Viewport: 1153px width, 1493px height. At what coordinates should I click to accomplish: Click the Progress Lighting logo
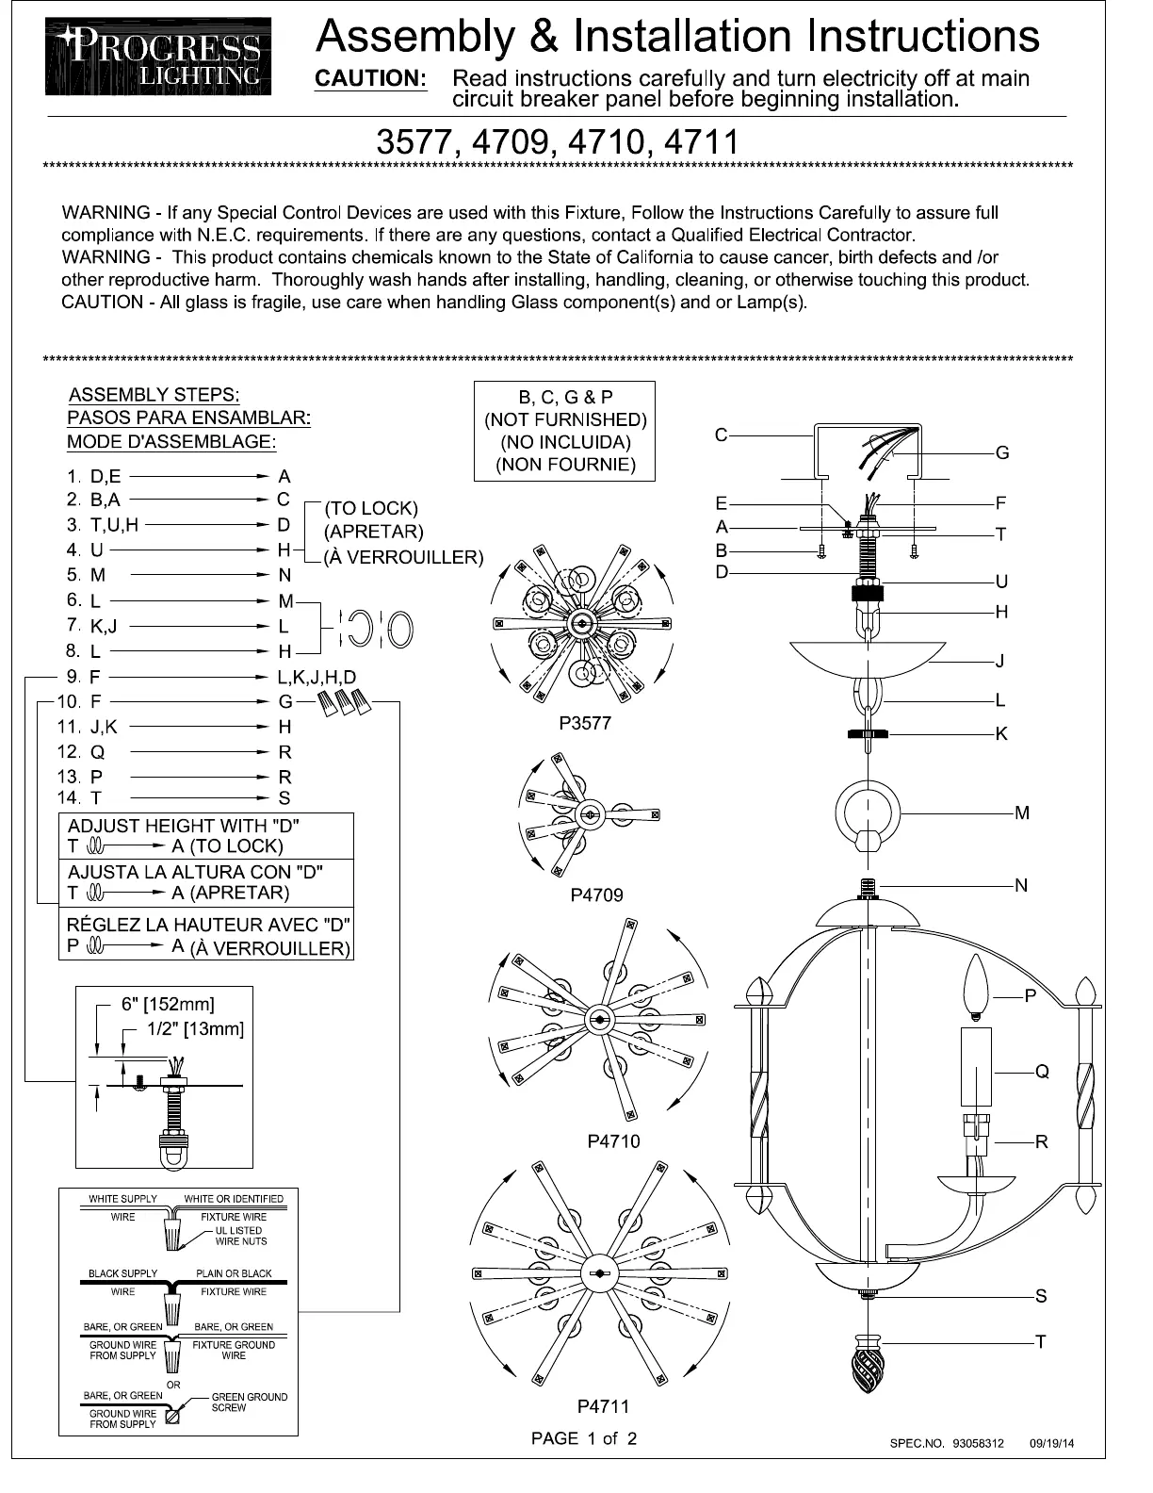tap(158, 57)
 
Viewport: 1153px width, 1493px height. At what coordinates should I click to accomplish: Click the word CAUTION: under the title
tap(370, 78)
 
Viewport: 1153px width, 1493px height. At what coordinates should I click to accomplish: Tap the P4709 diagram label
tap(596, 894)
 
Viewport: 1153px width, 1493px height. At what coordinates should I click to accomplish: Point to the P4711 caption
tap(603, 1406)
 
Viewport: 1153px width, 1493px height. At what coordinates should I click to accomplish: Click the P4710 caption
tap(613, 1141)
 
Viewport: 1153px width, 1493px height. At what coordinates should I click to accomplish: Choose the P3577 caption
tap(585, 723)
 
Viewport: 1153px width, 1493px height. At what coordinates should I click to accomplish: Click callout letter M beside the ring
tap(1022, 812)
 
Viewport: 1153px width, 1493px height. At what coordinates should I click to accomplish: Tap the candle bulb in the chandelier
tap(977, 989)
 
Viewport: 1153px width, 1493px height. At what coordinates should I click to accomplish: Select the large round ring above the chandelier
tap(868, 812)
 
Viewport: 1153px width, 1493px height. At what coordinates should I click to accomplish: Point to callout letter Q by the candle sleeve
tap(1042, 1072)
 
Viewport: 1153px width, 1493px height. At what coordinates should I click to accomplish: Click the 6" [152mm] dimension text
tap(168, 1004)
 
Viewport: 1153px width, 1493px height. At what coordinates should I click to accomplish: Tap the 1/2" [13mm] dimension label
tap(195, 1028)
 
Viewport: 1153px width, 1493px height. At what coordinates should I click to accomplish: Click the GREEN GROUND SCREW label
tap(250, 1403)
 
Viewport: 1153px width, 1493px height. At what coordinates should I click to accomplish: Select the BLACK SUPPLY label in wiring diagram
tap(123, 1273)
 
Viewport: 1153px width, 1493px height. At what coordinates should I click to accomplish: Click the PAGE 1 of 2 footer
tap(584, 1438)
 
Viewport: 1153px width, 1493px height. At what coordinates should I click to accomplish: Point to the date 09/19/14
tap(1052, 1443)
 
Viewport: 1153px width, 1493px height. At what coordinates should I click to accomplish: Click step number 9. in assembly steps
tap(73, 677)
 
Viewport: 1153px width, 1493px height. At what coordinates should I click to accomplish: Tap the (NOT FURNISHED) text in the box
tap(565, 419)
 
